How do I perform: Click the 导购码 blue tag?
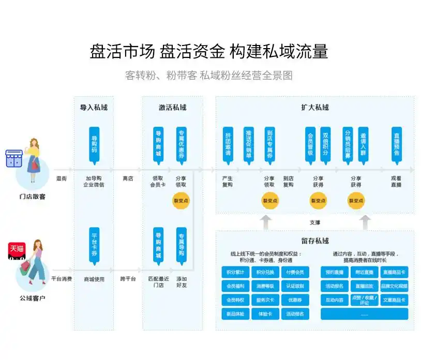[94, 143]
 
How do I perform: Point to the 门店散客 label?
[32, 197]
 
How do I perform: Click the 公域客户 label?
[32, 298]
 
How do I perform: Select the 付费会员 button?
[295, 272]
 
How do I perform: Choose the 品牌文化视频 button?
[394, 286]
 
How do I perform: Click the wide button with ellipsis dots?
[364, 314]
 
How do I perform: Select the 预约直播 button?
[335, 272]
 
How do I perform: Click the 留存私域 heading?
[314, 241]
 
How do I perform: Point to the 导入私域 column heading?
[94, 108]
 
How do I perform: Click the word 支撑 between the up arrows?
[314, 222]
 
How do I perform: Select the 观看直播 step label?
[396, 182]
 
